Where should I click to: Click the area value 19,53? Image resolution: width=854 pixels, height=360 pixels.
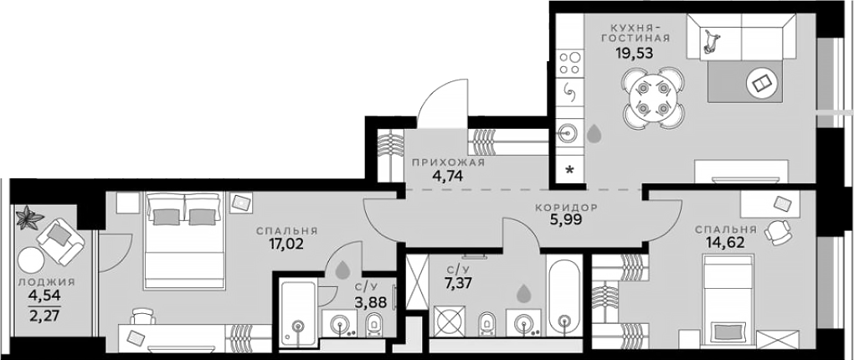(633, 52)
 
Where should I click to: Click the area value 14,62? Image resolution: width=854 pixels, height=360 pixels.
(723, 244)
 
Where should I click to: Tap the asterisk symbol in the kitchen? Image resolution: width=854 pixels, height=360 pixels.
(570, 171)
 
